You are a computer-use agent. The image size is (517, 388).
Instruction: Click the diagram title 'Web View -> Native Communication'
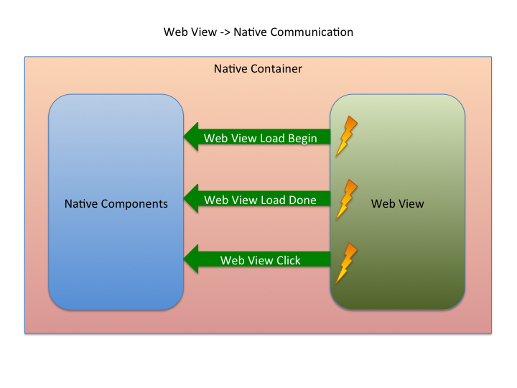pos(258,32)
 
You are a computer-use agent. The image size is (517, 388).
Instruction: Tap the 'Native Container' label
pos(258,69)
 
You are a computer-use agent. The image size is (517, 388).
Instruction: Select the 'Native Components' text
pos(116,204)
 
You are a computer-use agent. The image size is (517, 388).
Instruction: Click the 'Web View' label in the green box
pos(397,203)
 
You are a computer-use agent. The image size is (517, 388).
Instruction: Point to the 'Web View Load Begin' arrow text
pos(260,139)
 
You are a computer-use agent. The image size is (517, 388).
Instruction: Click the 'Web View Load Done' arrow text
pos(260,200)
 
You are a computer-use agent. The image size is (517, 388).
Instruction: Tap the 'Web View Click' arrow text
pos(260,260)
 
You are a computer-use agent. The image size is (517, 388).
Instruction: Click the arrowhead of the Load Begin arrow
pos(191,137)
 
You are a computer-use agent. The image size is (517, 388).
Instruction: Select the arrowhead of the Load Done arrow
pos(191,198)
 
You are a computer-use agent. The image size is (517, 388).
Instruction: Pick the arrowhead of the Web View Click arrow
pos(191,259)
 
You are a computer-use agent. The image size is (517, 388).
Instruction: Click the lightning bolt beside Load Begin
pos(346,136)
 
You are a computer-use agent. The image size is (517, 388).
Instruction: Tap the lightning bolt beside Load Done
pos(346,200)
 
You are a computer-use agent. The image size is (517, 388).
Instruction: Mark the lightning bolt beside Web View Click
pos(346,263)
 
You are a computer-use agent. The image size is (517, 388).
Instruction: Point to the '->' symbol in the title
pos(225,32)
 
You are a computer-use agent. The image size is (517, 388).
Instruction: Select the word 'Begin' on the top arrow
pos(302,139)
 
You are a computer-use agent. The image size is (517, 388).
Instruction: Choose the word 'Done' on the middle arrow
pos(302,200)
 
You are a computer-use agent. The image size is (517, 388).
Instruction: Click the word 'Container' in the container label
pos(276,69)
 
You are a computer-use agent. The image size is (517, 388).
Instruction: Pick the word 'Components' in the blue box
pos(134,204)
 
